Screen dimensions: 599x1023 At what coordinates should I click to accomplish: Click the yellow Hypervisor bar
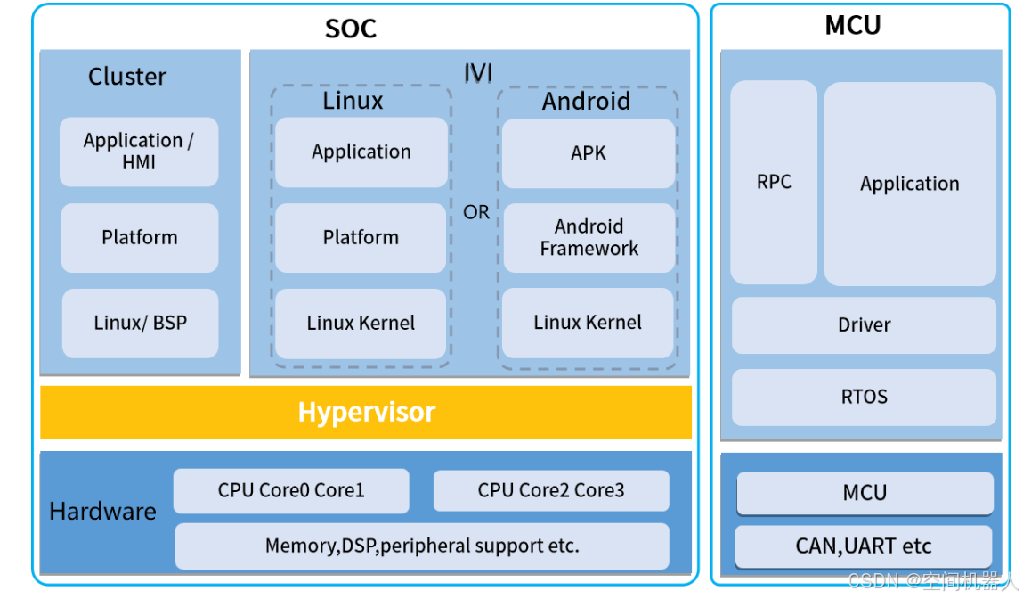click(366, 412)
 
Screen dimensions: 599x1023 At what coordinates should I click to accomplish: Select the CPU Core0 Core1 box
click(291, 490)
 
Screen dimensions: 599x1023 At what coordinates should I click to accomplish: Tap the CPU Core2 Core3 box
click(550, 490)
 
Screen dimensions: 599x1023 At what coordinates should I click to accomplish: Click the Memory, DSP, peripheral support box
click(421, 546)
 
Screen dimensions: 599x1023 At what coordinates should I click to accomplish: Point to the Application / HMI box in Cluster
click(139, 152)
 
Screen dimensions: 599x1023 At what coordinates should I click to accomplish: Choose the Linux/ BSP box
click(140, 323)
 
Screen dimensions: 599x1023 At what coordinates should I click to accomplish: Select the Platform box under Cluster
click(140, 238)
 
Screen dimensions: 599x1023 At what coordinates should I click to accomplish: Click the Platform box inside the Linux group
click(361, 238)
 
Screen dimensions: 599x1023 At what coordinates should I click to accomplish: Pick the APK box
click(588, 153)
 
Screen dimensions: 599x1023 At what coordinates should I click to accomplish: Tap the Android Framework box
click(588, 238)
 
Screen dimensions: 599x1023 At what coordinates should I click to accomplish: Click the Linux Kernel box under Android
click(588, 323)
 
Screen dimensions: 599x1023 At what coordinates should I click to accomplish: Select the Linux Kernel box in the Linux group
click(361, 324)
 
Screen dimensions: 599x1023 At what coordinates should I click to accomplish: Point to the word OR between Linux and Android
click(476, 213)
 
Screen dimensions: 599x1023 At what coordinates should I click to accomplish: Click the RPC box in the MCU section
click(774, 182)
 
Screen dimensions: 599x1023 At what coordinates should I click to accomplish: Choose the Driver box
click(864, 325)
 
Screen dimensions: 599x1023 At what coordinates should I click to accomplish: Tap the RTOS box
click(864, 397)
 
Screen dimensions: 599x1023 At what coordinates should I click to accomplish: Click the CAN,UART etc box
click(864, 546)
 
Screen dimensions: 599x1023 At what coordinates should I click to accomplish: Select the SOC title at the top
click(351, 29)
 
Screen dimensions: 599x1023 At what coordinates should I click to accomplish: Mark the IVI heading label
click(478, 72)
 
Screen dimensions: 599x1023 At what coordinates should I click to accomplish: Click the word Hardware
click(102, 512)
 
